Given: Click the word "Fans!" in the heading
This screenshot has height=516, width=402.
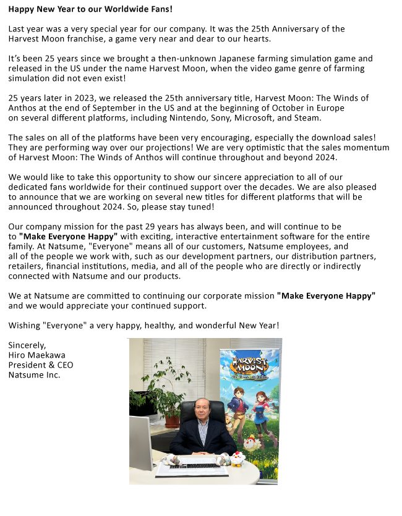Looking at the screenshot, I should tap(158, 9).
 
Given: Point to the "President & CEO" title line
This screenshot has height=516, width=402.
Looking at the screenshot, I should tap(41, 365).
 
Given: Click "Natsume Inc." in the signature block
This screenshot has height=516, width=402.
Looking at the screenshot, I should tap(35, 374).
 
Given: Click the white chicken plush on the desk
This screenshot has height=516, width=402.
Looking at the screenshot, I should tap(238, 458).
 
